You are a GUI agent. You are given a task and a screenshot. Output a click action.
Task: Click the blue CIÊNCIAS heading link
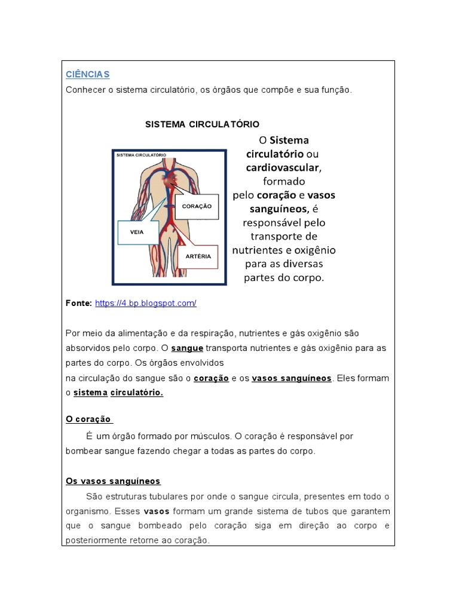(x=87, y=74)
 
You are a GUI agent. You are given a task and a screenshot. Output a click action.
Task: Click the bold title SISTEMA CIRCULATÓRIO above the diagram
(x=203, y=124)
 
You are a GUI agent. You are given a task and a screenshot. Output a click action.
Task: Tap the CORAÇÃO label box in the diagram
(x=197, y=206)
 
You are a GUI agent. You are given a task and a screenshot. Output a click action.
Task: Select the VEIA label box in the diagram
(x=139, y=232)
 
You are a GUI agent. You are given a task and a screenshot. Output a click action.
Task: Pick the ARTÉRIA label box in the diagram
(x=198, y=255)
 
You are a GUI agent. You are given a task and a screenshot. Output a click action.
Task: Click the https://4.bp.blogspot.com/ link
(x=145, y=304)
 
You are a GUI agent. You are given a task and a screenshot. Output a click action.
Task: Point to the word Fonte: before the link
(x=79, y=304)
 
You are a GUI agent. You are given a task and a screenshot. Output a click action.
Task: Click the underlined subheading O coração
(x=88, y=419)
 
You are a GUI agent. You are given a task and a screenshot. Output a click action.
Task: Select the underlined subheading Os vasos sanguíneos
(x=113, y=481)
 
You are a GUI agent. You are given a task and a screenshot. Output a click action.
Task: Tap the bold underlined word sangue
(x=187, y=348)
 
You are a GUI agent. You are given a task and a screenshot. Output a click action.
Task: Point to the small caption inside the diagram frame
(x=141, y=155)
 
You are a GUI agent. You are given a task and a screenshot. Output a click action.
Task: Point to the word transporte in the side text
(x=284, y=236)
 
